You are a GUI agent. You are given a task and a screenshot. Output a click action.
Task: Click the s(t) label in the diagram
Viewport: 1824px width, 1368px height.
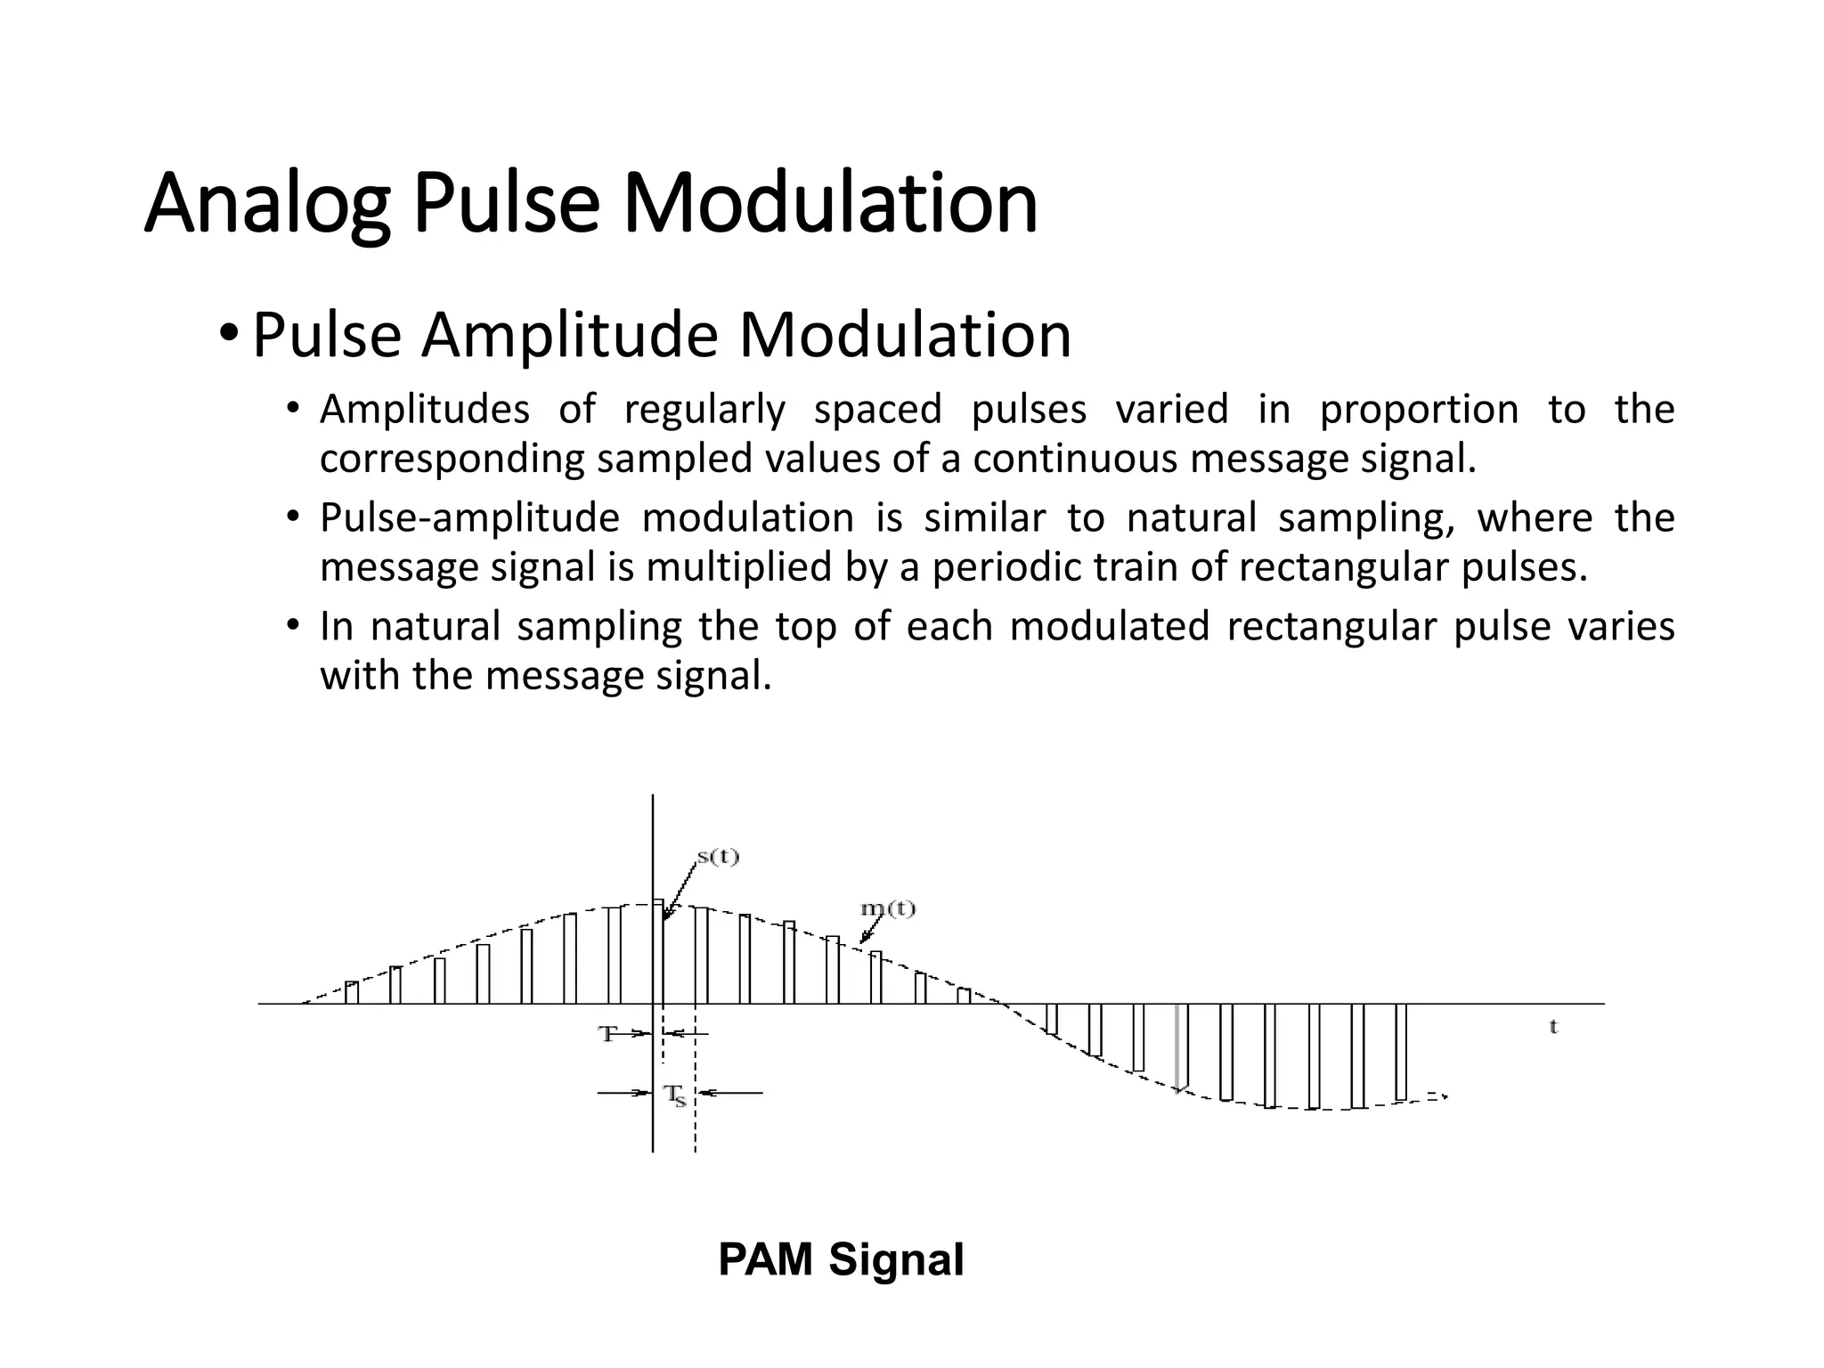pos(718,858)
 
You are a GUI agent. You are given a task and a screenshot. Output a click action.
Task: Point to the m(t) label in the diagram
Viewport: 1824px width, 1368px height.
pos(887,909)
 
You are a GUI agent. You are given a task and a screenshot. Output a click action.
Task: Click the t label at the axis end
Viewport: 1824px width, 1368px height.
pos(1553,1027)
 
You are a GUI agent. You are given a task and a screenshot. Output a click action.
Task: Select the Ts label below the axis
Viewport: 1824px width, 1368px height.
pos(676,1095)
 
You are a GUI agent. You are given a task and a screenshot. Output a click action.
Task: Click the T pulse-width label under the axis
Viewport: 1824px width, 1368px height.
pos(607,1034)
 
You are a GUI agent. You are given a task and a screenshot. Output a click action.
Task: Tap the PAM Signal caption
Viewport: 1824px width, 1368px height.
pos(841,1259)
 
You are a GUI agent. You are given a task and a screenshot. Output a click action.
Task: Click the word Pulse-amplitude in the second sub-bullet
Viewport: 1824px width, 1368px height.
pos(469,517)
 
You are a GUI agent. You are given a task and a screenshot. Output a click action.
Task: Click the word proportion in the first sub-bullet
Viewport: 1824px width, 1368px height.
pos(1419,410)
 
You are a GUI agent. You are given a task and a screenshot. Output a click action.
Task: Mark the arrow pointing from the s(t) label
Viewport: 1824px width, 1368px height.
pos(679,891)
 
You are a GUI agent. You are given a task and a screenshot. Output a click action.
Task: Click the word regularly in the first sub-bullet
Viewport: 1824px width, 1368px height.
pos(704,410)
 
